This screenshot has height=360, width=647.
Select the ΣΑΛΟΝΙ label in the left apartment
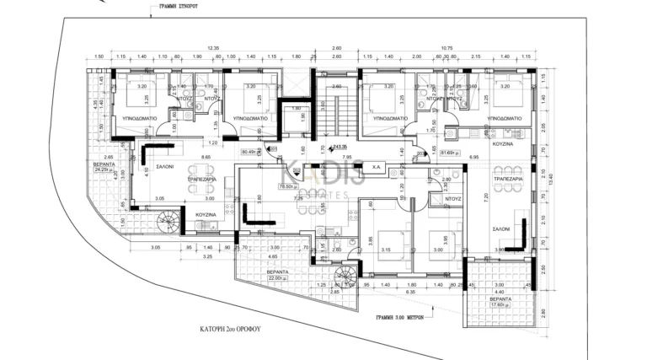[163, 167]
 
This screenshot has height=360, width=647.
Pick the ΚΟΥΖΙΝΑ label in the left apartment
[207, 216]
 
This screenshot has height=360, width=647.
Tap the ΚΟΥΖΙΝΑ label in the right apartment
[504, 144]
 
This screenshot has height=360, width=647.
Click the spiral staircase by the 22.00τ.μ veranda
[345, 275]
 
